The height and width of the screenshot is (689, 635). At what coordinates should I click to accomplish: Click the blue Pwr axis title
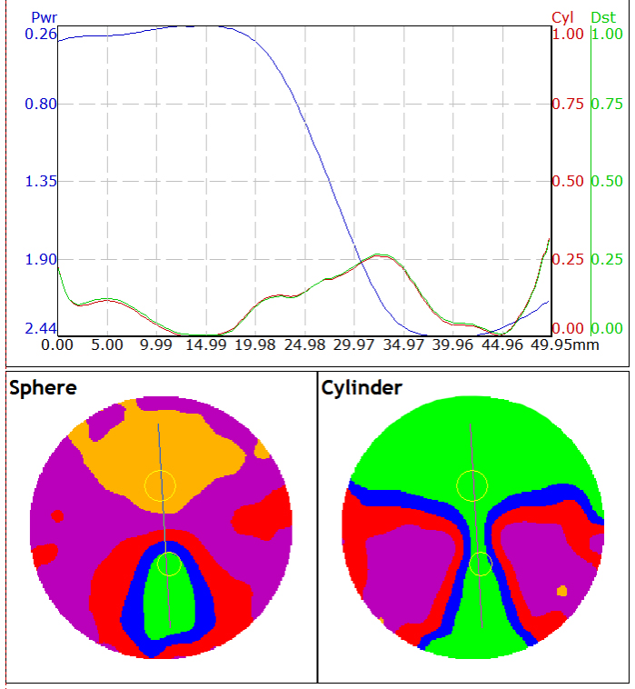pos(44,17)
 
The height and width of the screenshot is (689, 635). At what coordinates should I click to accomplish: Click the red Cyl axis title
pos(564,17)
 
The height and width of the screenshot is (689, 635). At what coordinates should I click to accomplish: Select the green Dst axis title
pos(603,17)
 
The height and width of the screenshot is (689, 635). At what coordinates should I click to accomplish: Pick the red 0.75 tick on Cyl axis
pos(568,104)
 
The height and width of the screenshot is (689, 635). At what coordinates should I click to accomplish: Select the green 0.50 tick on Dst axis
pos(607,182)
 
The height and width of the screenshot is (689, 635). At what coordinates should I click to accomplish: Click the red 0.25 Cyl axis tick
pos(568,260)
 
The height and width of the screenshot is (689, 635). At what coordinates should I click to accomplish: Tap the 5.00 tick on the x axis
pos(107,345)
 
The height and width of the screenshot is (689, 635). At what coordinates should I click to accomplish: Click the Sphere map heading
pos(43,388)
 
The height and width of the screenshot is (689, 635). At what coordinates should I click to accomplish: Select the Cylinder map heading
pos(362,388)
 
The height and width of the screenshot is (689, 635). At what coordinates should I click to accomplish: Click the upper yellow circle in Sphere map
pos(161,485)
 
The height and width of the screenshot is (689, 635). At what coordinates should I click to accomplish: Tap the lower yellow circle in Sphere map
pos(169,564)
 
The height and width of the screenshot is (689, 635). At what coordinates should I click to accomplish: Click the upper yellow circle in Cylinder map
pos(472,485)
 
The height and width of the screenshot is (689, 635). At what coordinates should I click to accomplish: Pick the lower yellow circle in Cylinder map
pos(481,564)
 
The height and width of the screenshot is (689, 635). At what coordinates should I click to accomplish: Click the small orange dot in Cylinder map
pos(562,591)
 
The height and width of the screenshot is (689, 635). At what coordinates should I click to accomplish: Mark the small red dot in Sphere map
pos(57,516)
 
